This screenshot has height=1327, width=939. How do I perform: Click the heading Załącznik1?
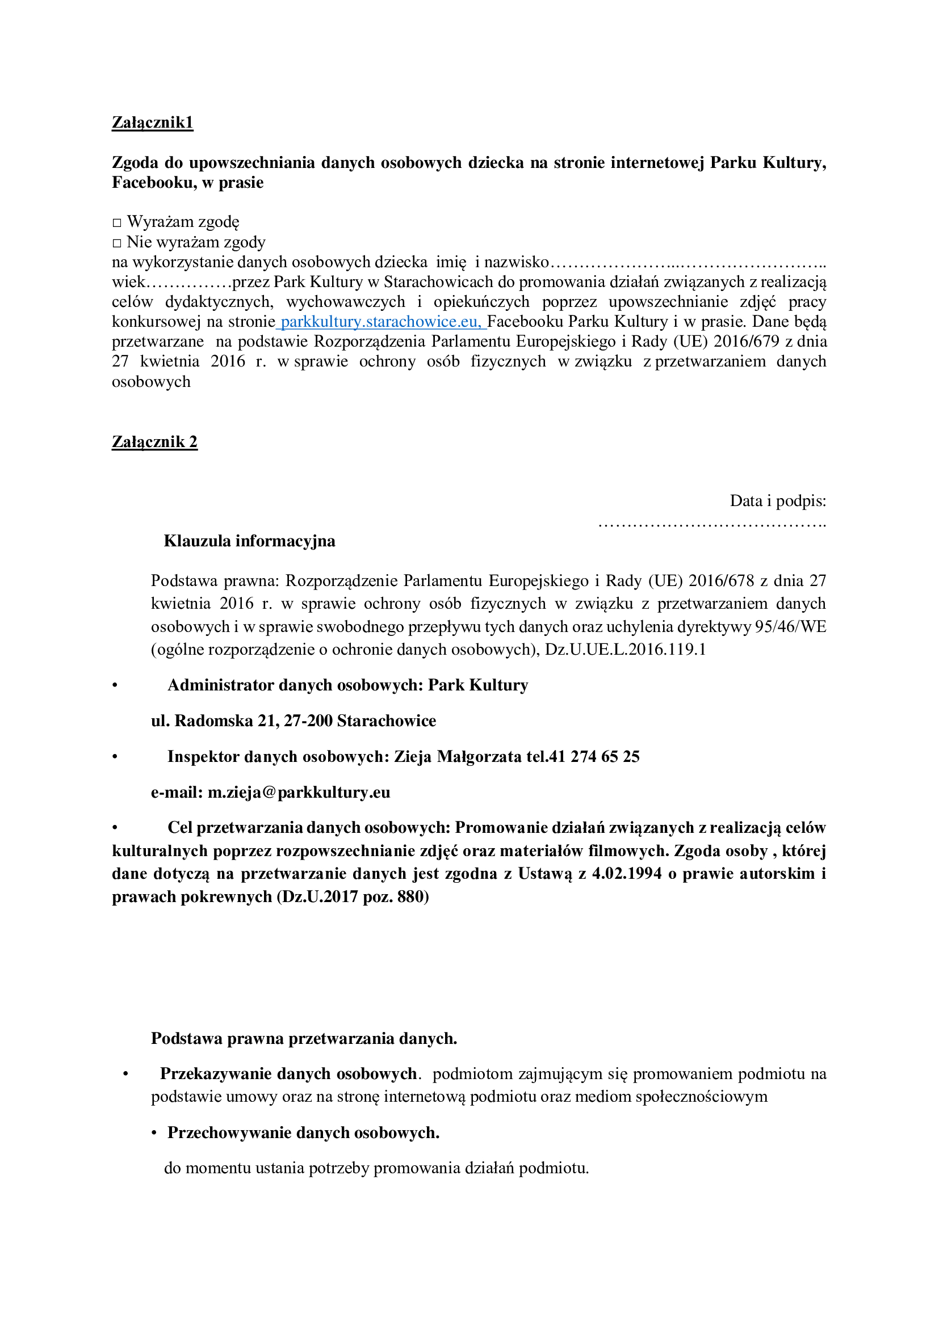tap(152, 123)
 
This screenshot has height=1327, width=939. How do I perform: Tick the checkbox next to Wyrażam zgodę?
tap(117, 222)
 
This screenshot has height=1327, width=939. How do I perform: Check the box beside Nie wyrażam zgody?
tap(117, 243)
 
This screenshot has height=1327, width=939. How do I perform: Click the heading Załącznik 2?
tap(154, 442)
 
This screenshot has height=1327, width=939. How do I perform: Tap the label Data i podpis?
tap(778, 500)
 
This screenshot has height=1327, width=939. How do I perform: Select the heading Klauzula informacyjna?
tap(249, 541)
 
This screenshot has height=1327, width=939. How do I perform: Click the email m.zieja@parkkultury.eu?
tap(299, 793)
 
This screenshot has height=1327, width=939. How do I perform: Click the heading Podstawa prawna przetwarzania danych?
tap(304, 1039)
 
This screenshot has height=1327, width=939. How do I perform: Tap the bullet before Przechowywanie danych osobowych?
tap(154, 1133)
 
